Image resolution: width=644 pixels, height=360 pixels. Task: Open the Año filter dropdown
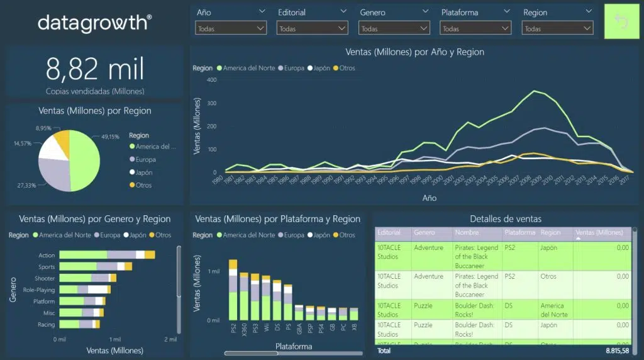click(231, 28)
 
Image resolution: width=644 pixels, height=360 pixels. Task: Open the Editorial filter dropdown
click(312, 28)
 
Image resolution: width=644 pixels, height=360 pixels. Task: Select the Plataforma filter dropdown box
click(475, 28)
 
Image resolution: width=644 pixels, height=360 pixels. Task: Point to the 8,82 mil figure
click(95, 68)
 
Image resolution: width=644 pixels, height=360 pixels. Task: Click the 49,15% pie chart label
click(109, 137)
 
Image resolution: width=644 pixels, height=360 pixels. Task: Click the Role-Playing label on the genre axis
click(39, 290)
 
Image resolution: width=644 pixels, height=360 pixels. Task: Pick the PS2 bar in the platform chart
click(233, 290)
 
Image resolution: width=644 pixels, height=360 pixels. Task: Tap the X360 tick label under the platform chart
click(244, 329)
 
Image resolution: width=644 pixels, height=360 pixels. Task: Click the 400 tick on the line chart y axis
click(211, 80)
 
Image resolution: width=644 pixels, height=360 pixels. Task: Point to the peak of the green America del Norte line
click(534, 91)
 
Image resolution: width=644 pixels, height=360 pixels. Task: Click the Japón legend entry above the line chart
click(318, 68)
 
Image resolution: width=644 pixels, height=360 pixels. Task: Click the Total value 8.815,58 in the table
click(617, 351)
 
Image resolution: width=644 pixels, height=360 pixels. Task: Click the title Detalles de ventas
click(505, 219)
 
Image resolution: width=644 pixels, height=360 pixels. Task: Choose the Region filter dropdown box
click(557, 28)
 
